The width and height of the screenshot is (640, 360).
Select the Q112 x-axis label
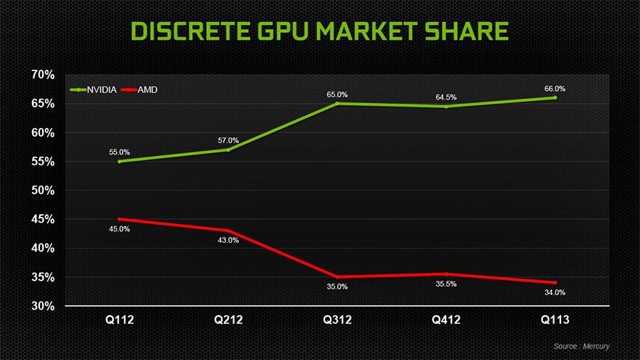pyautogui.click(x=119, y=320)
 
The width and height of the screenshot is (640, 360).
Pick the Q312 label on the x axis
pyautogui.click(x=337, y=320)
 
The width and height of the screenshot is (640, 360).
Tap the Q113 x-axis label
pyautogui.click(x=555, y=320)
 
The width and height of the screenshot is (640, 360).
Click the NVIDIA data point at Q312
pyautogui.click(x=337, y=103)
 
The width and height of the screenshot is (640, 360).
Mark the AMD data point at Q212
pyautogui.click(x=228, y=231)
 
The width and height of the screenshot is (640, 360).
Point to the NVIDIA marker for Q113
pyautogui.click(x=555, y=97)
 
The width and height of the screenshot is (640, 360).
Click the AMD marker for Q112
pyautogui.click(x=119, y=219)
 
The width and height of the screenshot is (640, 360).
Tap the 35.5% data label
pyautogui.click(x=446, y=285)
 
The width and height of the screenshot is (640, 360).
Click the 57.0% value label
pyautogui.click(x=228, y=140)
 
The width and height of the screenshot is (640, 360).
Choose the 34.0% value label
pyautogui.click(x=555, y=292)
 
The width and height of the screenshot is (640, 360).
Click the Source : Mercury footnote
pyautogui.click(x=581, y=346)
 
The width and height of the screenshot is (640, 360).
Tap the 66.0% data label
pyautogui.click(x=555, y=89)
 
